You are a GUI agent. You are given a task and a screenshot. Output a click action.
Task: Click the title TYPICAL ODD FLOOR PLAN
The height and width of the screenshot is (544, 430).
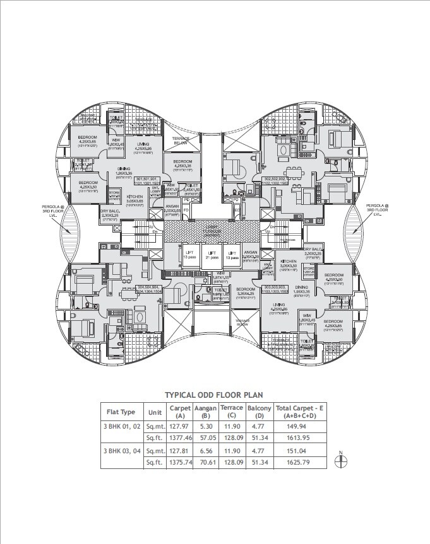tap(214, 395)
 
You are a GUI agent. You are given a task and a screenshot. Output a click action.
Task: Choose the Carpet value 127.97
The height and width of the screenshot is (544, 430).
tap(180, 425)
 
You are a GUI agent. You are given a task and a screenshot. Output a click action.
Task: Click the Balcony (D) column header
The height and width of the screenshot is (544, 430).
tap(259, 412)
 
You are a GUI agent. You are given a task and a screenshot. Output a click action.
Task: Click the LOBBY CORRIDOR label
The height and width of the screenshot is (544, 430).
tap(215, 231)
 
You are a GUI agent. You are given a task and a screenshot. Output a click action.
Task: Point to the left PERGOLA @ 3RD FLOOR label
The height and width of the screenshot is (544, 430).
tap(51, 209)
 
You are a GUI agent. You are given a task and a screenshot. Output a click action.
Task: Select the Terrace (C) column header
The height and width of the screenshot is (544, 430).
tap(232, 412)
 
